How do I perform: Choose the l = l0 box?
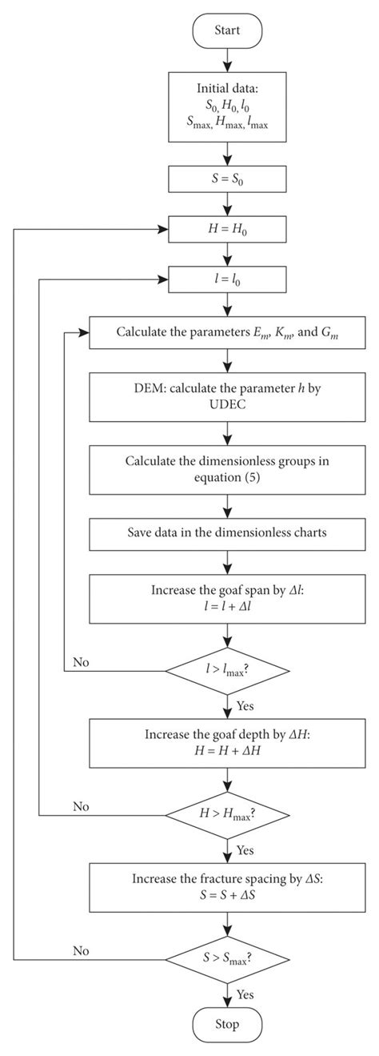click(229, 279)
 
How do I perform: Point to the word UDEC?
click(229, 407)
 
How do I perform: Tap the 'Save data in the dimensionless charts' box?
click(229, 532)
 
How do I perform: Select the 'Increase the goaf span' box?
click(229, 598)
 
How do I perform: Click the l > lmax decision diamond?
click(229, 667)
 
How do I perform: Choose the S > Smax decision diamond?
click(229, 958)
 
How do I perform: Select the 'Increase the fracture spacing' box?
click(229, 887)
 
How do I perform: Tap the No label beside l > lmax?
click(81, 662)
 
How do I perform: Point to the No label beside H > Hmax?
click(81, 807)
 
